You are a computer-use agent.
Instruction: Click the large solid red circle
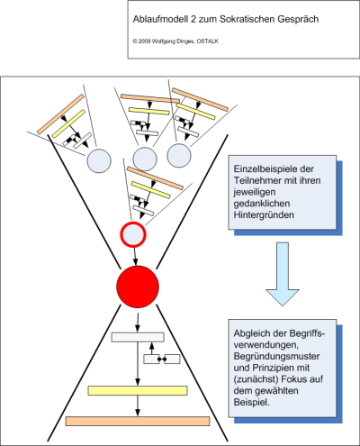138,287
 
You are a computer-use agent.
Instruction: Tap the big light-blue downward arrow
283,274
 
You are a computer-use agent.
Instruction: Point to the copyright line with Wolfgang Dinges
175,41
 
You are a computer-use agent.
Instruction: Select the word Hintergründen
264,215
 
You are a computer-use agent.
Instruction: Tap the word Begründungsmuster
276,357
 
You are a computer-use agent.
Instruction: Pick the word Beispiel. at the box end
251,403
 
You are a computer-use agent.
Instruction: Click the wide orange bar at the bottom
138,421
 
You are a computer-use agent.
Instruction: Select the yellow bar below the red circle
138,390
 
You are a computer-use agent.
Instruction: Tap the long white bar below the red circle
138,337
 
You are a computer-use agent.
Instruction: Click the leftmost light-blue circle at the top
99,161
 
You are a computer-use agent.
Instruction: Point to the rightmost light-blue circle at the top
179,156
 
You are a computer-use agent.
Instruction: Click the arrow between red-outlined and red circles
135,256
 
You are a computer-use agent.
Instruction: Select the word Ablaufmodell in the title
160,19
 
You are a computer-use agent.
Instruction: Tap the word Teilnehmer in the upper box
256,180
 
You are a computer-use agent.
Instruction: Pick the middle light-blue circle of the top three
145,159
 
